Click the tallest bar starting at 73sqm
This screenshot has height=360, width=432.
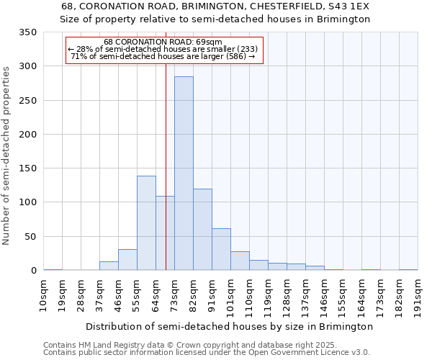click(x=184, y=173)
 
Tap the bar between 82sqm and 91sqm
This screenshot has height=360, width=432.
click(x=202, y=229)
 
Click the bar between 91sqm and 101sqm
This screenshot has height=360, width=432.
click(x=221, y=249)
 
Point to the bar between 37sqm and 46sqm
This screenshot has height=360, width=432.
click(x=109, y=266)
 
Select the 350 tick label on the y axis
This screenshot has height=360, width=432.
click(x=27, y=32)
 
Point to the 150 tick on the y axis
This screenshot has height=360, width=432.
click(x=27, y=168)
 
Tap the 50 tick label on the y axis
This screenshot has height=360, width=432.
click(x=30, y=237)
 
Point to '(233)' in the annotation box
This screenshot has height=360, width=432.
click(x=245, y=49)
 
